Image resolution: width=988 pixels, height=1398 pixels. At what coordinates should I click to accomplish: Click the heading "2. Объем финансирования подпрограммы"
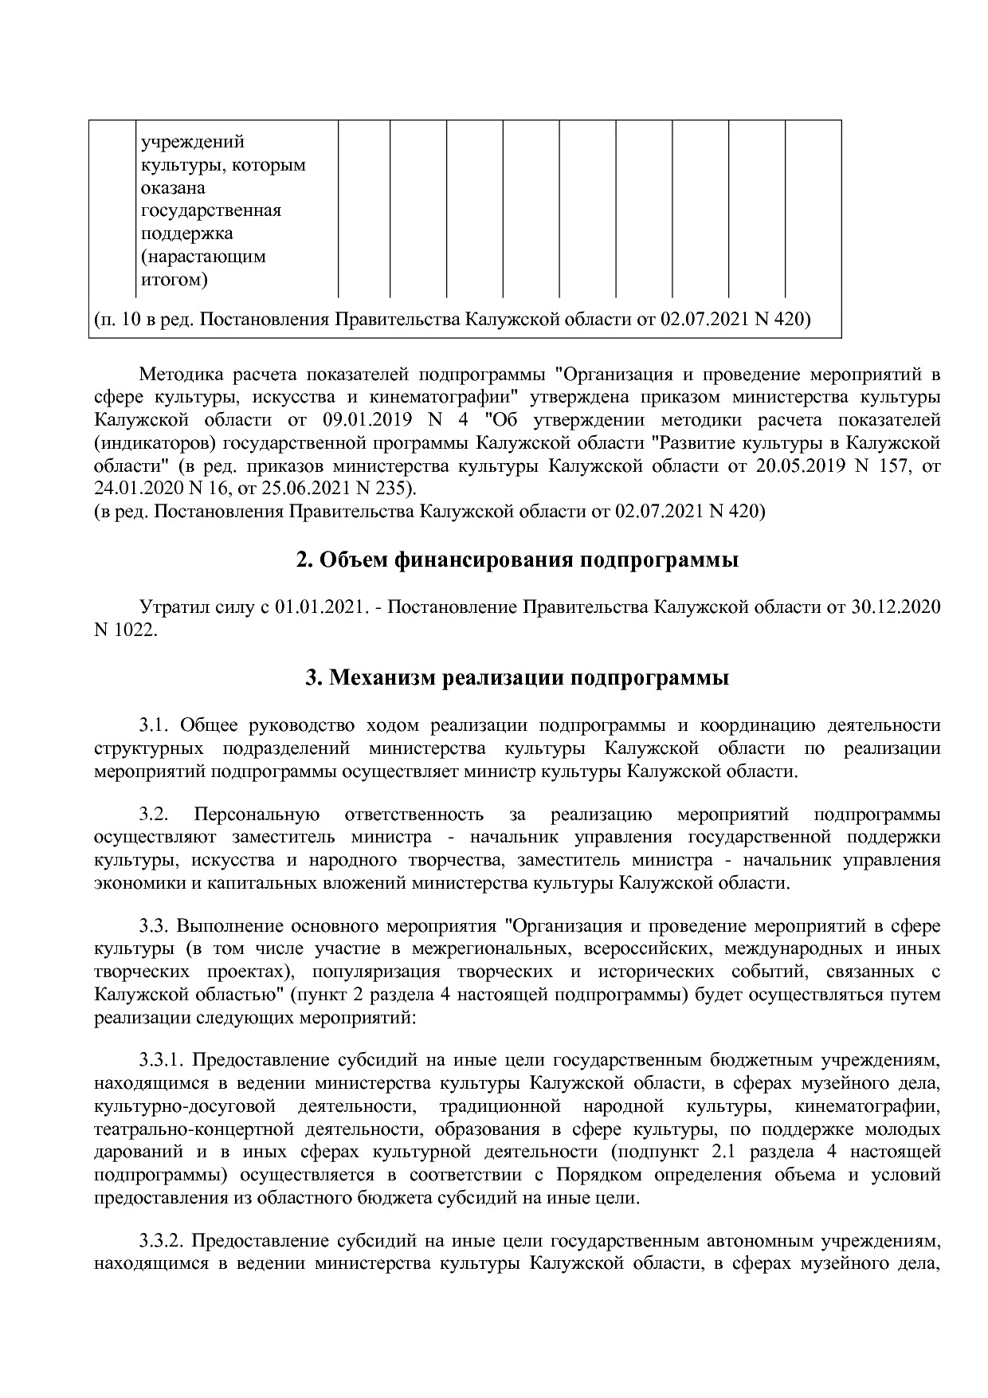(x=517, y=560)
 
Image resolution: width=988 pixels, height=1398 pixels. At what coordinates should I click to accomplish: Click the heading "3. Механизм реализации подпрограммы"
(x=517, y=679)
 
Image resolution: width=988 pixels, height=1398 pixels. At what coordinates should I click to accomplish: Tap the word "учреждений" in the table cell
(x=193, y=143)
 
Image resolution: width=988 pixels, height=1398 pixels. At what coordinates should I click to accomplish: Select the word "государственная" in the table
(x=211, y=211)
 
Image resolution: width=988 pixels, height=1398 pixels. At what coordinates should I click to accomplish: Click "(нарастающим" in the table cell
(x=203, y=257)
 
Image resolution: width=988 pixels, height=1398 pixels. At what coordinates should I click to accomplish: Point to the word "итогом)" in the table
(x=174, y=280)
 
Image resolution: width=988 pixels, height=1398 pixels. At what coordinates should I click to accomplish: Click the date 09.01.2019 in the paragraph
(x=369, y=419)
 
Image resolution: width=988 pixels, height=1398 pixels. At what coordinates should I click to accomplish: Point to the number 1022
(x=135, y=630)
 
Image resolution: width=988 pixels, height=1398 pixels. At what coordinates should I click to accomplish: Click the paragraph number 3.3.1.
(x=162, y=1061)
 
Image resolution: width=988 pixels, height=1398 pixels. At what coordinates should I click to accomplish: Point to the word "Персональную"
(x=257, y=815)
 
